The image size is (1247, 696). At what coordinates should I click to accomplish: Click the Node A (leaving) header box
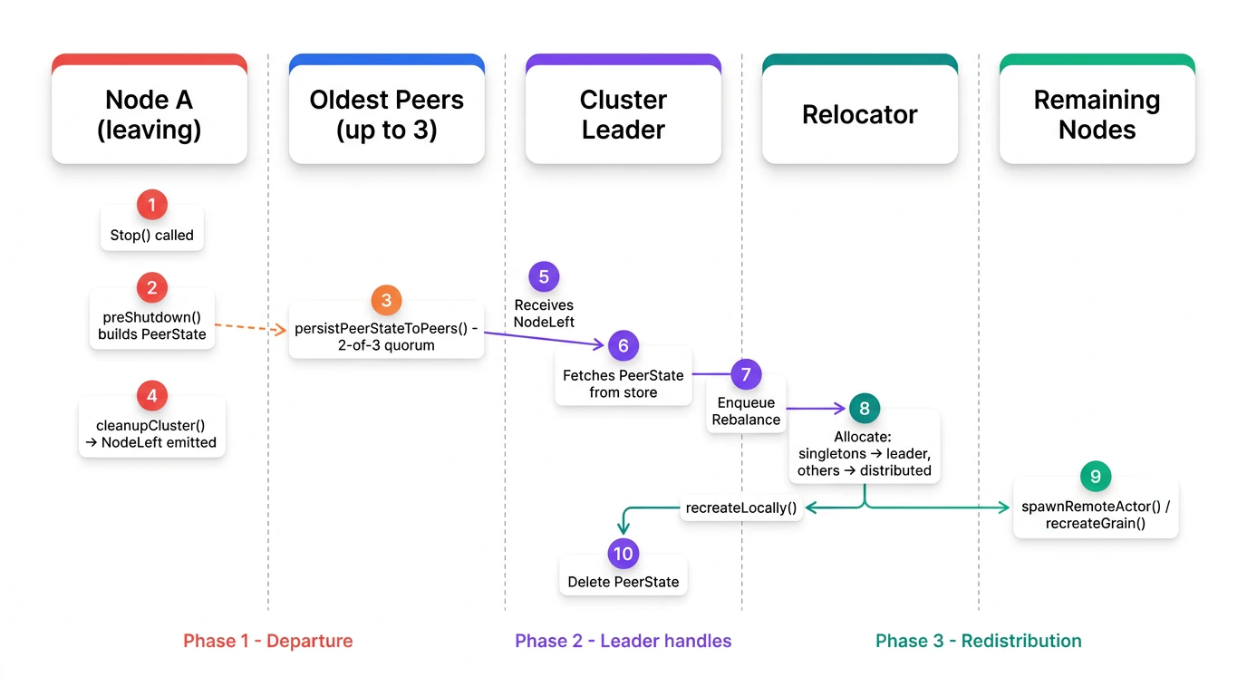pos(150,114)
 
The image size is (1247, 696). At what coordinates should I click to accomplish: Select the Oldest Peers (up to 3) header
pos(387,114)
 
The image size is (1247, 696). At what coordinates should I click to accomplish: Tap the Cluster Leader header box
pos(623,114)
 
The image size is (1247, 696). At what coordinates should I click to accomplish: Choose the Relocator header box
pos(860,114)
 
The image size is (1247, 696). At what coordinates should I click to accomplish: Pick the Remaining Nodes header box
pos(1097,114)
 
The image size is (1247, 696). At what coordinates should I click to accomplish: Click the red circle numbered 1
pos(151,205)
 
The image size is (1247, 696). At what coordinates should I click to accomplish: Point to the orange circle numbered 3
pos(386,301)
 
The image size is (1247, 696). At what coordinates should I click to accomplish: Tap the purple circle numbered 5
pos(544,276)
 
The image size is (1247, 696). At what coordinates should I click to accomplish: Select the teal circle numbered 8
pos(865,408)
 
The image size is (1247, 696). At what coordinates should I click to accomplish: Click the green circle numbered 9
pos(1096,476)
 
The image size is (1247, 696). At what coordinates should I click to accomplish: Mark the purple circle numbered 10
pos(623,554)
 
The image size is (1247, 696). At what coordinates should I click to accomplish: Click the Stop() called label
pos(152,235)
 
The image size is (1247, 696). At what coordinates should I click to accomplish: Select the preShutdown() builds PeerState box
pos(152,326)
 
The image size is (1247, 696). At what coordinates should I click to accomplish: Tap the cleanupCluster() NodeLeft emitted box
pos(152,434)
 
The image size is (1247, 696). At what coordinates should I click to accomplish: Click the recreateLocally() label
pos(741,507)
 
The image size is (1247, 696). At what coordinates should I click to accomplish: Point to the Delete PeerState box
pos(623,582)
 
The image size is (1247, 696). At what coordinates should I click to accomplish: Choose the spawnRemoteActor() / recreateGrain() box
pos(1096,515)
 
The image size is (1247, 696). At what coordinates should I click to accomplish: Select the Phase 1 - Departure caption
pos(268,641)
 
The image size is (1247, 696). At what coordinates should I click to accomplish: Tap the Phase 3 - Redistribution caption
pos(979,641)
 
